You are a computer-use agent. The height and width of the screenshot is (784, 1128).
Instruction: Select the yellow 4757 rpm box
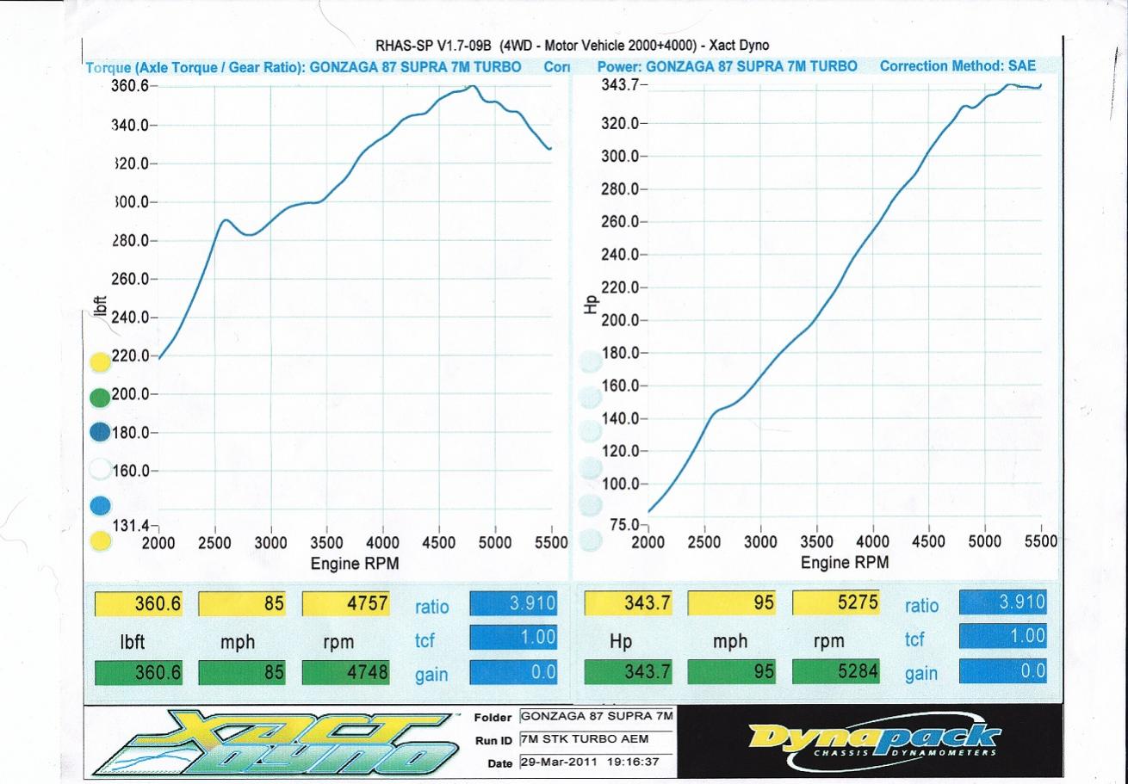point(353,603)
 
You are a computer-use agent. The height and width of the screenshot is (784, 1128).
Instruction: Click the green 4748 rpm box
point(353,672)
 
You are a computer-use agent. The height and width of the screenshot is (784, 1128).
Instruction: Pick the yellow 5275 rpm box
point(842,603)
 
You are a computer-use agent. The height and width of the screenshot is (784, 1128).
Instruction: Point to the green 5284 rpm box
point(842,672)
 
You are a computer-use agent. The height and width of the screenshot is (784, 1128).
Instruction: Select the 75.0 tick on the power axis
point(625,524)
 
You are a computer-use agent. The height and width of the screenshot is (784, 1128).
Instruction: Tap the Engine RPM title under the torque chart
point(355,563)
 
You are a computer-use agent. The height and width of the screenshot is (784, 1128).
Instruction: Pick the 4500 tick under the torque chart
point(439,543)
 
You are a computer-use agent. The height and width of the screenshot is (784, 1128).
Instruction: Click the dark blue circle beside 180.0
point(100,432)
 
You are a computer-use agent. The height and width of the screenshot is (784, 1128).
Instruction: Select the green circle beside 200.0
point(100,397)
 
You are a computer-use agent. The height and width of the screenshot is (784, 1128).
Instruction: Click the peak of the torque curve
point(471,86)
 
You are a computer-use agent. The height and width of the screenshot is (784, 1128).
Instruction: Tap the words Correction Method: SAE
point(958,66)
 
